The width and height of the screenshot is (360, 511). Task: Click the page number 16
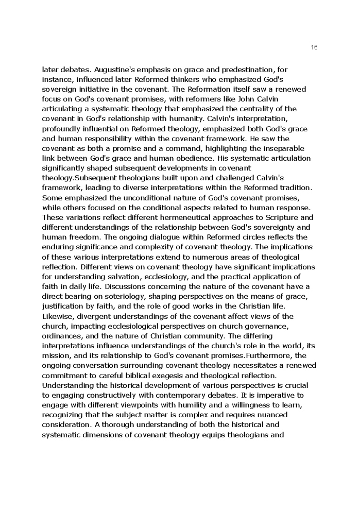click(x=314, y=47)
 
